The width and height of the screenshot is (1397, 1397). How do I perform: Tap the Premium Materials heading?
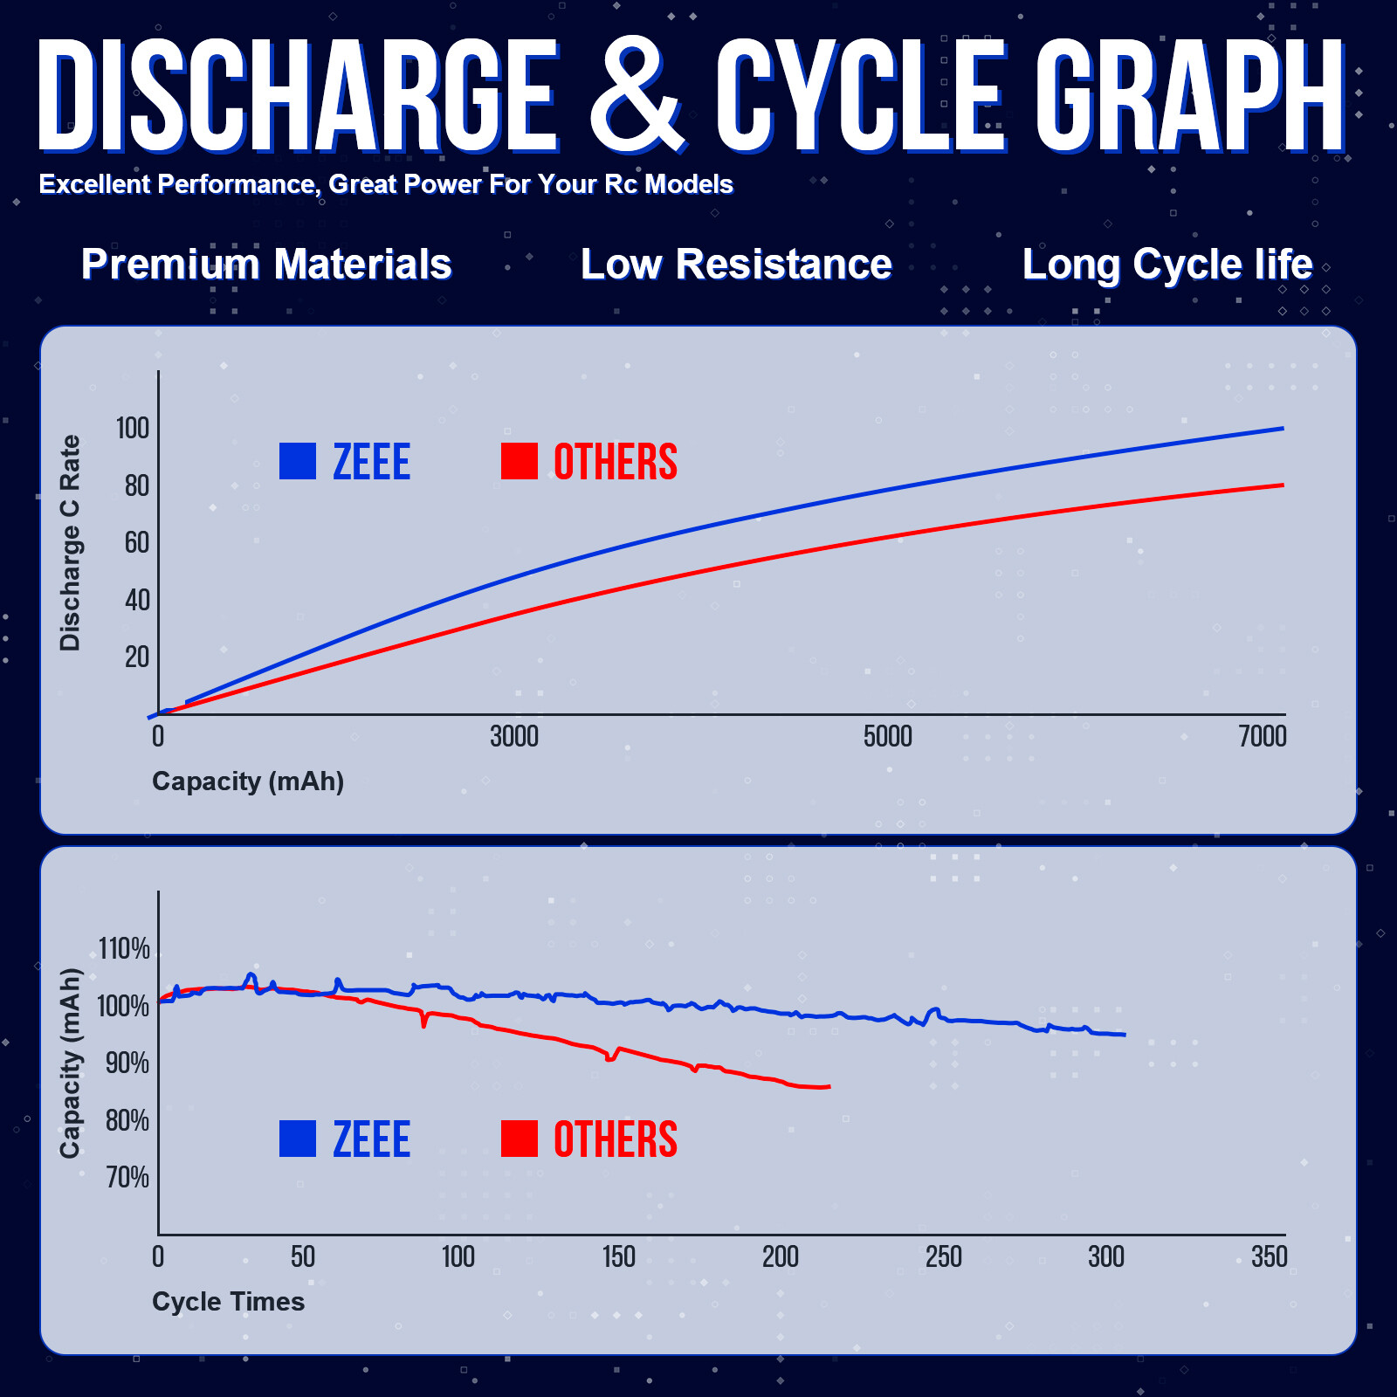coord(266,264)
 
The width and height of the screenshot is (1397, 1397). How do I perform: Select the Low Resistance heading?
coord(736,264)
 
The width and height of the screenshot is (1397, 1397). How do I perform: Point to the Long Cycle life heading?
coord(1167,264)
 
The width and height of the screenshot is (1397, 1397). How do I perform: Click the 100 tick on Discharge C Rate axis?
coord(133,428)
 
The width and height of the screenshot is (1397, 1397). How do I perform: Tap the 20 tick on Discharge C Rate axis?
coord(137,657)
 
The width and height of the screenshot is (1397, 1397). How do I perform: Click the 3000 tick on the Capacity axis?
coord(514,737)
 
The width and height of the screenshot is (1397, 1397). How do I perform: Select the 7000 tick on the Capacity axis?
coord(1263,737)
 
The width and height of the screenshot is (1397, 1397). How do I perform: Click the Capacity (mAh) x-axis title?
coord(248,781)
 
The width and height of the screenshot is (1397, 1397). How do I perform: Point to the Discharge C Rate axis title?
coord(70,543)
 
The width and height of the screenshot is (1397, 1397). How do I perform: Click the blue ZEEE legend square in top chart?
coord(298,462)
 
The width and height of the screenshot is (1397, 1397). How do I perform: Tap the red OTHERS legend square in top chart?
coord(520,462)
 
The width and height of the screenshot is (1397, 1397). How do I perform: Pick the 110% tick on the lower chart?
coord(124,949)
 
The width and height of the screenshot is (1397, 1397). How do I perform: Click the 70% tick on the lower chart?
coord(127,1178)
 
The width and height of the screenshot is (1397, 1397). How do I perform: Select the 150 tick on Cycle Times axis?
coord(619,1257)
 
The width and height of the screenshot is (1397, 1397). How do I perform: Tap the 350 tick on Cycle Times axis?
coord(1270,1257)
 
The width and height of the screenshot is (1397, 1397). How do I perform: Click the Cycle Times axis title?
coord(228,1302)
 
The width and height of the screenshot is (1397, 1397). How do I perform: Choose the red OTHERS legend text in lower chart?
coord(616,1139)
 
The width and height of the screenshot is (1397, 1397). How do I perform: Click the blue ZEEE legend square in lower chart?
coord(298,1139)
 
